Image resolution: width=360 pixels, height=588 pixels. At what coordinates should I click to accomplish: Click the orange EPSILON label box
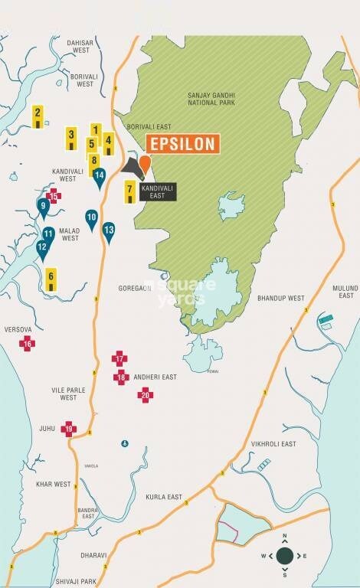pos(182,144)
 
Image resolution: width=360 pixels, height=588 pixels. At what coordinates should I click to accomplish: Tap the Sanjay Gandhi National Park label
pos(210,100)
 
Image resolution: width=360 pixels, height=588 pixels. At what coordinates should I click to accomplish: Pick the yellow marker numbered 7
pos(130,191)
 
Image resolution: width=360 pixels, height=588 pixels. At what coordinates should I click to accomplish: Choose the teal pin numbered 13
pos(109,232)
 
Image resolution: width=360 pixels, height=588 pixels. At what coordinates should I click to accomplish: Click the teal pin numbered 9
pos(44,207)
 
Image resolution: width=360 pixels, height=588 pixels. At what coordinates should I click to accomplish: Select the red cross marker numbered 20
pos(145,394)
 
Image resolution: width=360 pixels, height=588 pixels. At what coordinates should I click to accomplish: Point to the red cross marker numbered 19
pos(69,429)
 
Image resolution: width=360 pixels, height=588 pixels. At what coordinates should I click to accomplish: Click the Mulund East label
pos(346,291)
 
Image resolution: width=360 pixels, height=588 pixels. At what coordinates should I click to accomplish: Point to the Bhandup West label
pos(281,298)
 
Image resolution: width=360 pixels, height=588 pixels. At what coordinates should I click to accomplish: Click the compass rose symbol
pos(284,555)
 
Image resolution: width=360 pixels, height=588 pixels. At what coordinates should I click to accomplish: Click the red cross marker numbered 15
pos(54,195)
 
